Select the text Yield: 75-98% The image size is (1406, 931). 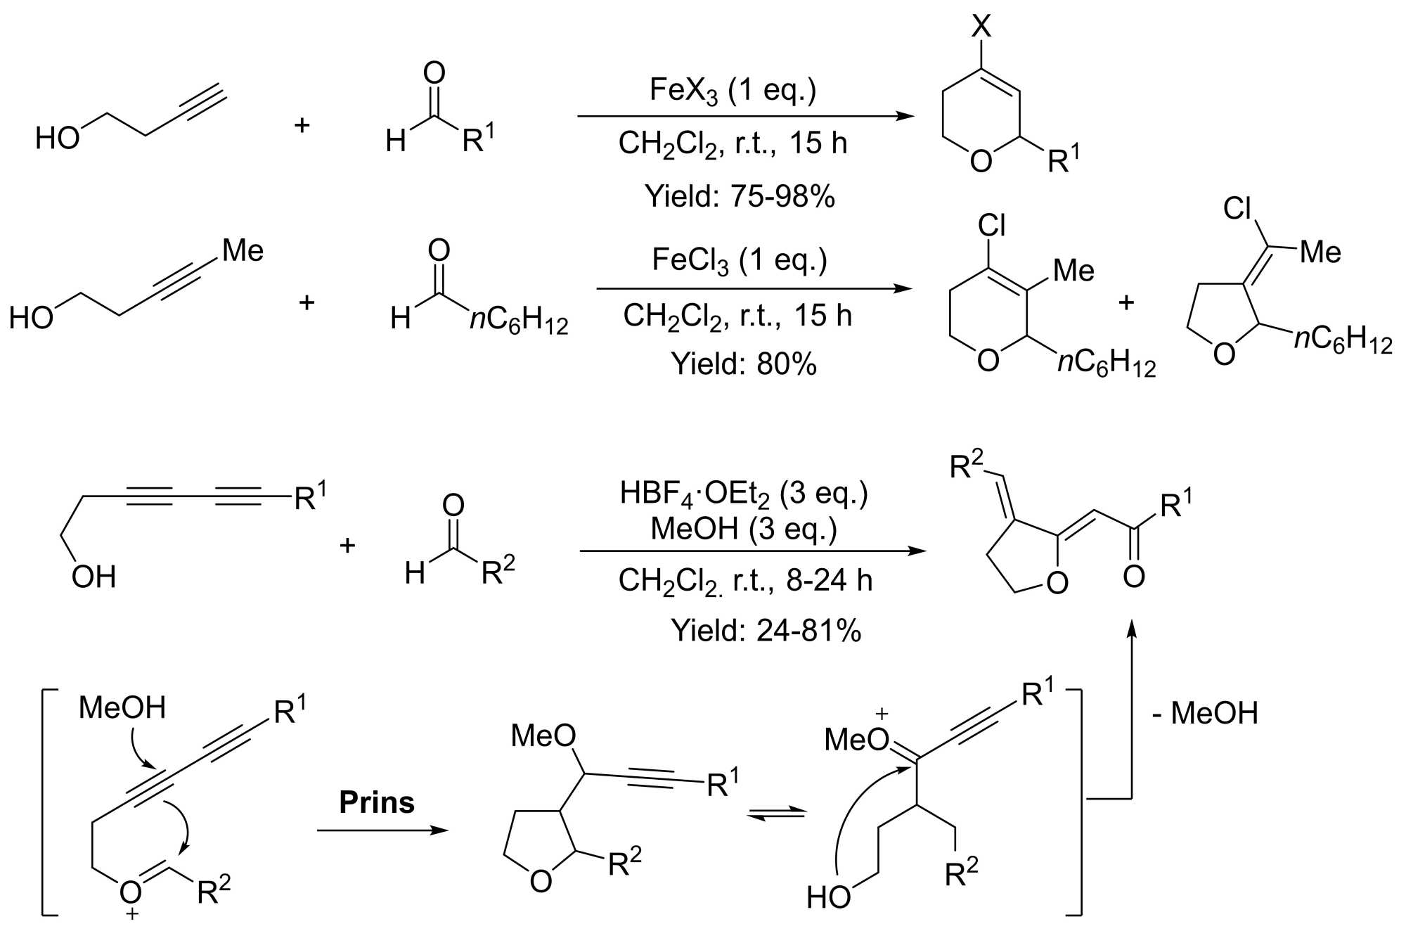click(740, 196)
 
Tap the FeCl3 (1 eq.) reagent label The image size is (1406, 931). click(739, 261)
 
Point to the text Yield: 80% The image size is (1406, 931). click(744, 364)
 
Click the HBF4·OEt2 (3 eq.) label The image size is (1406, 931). click(744, 494)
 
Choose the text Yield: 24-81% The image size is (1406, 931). click(766, 630)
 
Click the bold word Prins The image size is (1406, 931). click(377, 802)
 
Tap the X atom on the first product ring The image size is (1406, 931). click(981, 27)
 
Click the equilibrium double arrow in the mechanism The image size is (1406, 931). click(776, 814)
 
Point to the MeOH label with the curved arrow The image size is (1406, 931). click(122, 708)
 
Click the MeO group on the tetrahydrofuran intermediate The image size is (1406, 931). click(543, 736)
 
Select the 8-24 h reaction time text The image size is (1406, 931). click(829, 581)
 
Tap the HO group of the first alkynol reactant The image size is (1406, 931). click(58, 139)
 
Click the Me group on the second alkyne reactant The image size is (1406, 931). click(243, 250)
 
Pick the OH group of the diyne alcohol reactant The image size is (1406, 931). click(93, 577)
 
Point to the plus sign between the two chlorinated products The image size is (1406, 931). click(1126, 302)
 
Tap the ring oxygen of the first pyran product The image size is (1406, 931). click(981, 162)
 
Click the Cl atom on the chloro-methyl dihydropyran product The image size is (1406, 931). click(991, 226)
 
